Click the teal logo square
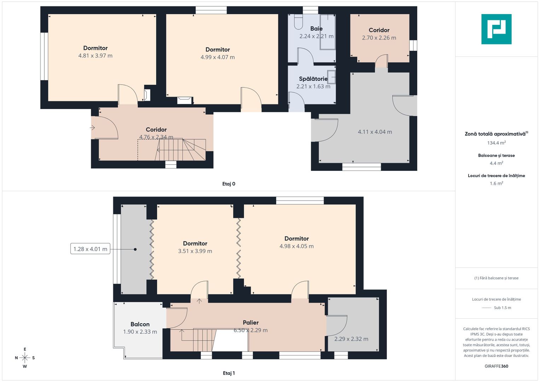click(497, 29)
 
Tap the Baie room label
click(316, 28)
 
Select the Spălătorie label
click(313, 79)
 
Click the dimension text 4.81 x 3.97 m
click(95, 56)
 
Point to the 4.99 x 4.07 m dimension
click(217, 57)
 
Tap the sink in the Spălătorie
click(331, 77)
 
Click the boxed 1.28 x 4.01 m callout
click(90, 249)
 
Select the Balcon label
click(140, 324)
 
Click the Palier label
click(251, 323)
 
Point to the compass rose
click(25, 358)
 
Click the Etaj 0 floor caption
click(229, 184)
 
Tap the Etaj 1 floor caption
click(229, 373)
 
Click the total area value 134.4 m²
click(497, 143)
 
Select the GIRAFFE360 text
click(497, 366)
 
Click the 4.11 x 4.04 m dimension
click(375, 132)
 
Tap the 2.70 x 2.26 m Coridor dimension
click(379, 37)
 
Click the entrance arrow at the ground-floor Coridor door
click(92, 128)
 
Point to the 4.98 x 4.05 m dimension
click(296, 246)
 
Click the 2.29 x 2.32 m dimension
click(351, 339)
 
